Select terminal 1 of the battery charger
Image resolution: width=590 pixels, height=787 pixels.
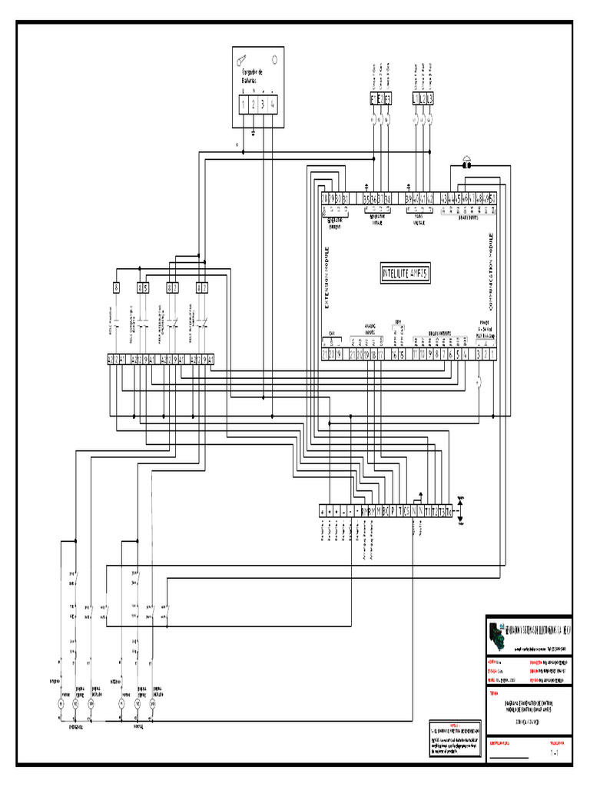[244, 105]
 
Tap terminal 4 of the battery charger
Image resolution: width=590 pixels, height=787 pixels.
[273, 105]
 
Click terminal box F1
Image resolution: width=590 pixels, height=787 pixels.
[374, 99]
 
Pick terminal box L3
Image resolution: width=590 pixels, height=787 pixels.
[430, 99]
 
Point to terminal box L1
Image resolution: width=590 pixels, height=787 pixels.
[416, 99]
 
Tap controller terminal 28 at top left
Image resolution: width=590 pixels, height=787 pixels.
[325, 199]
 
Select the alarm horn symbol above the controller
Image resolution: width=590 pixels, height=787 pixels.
[466, 163]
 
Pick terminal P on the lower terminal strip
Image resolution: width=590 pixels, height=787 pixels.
[393, 511]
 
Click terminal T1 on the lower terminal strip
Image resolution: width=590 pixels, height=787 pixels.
[427, 511]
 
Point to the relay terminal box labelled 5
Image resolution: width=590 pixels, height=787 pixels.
[145, 288]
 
